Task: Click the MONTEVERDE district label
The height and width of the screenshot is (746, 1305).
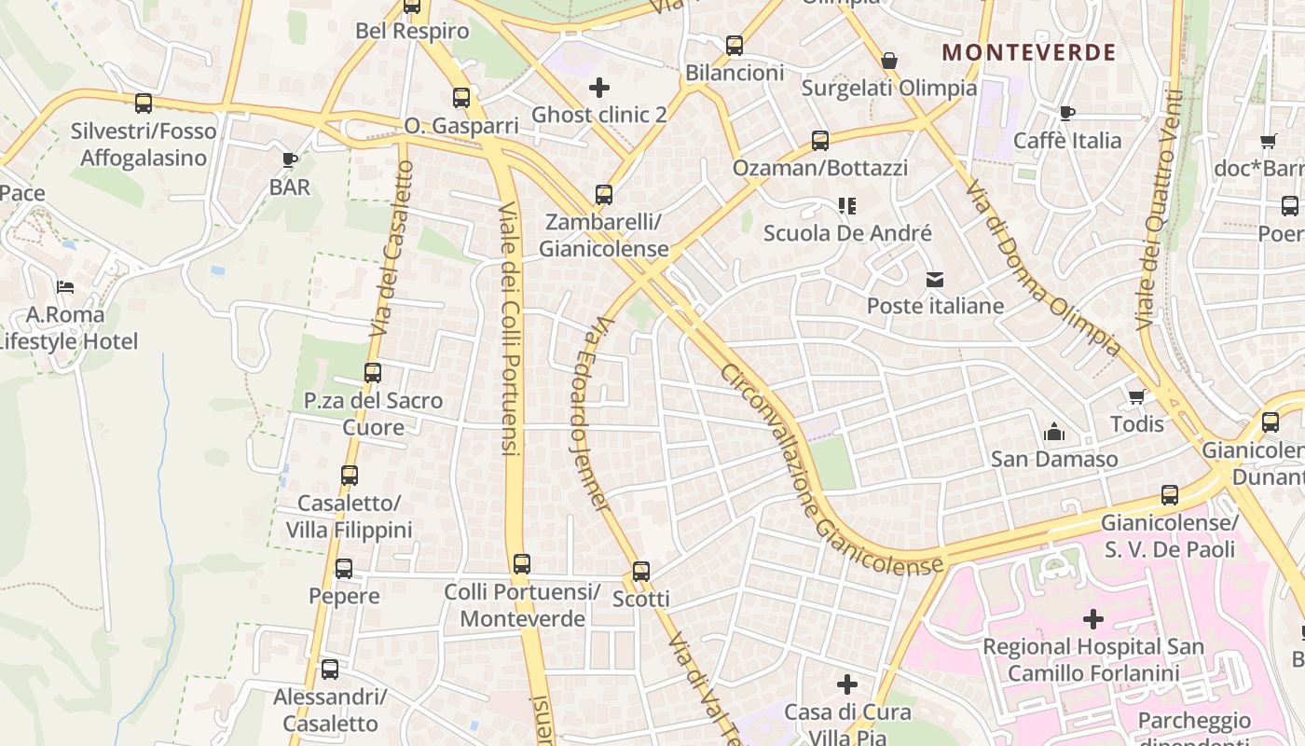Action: click(x=1028, y=52)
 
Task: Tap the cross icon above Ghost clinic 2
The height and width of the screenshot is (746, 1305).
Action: click(x=599, y=88)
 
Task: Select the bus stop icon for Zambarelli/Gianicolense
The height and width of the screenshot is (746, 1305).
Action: click(x=604, y=195)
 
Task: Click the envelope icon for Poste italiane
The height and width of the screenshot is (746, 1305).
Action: click(x=935, y=279)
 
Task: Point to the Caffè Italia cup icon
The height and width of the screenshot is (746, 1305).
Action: click(x=1067, y=114)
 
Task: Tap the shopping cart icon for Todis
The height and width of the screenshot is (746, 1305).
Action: click(x=1136, y=397)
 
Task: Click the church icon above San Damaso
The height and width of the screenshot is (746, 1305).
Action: click(x=1054, y=432)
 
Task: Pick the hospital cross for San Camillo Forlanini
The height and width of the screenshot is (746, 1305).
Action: click(x=1092, y=618)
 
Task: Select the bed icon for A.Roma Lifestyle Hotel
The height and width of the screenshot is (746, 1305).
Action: click(x=65, y=287)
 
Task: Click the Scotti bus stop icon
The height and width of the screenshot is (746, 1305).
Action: click(x=641, y=572)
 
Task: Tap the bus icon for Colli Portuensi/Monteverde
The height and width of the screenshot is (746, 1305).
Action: click(x=522, y=564)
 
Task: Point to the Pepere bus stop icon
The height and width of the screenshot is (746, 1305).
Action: click(x=344, y=569)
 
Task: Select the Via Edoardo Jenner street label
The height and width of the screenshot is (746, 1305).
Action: click(x=588, y=416)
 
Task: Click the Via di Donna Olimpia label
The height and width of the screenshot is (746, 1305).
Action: click(x=1044, y=267)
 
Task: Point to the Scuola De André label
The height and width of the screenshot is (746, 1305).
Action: click(x=847, y=233)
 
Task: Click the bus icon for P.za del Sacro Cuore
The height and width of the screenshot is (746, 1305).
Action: click(x=373, y=373)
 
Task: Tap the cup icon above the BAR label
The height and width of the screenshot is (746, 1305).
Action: click(x=290, y=159)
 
